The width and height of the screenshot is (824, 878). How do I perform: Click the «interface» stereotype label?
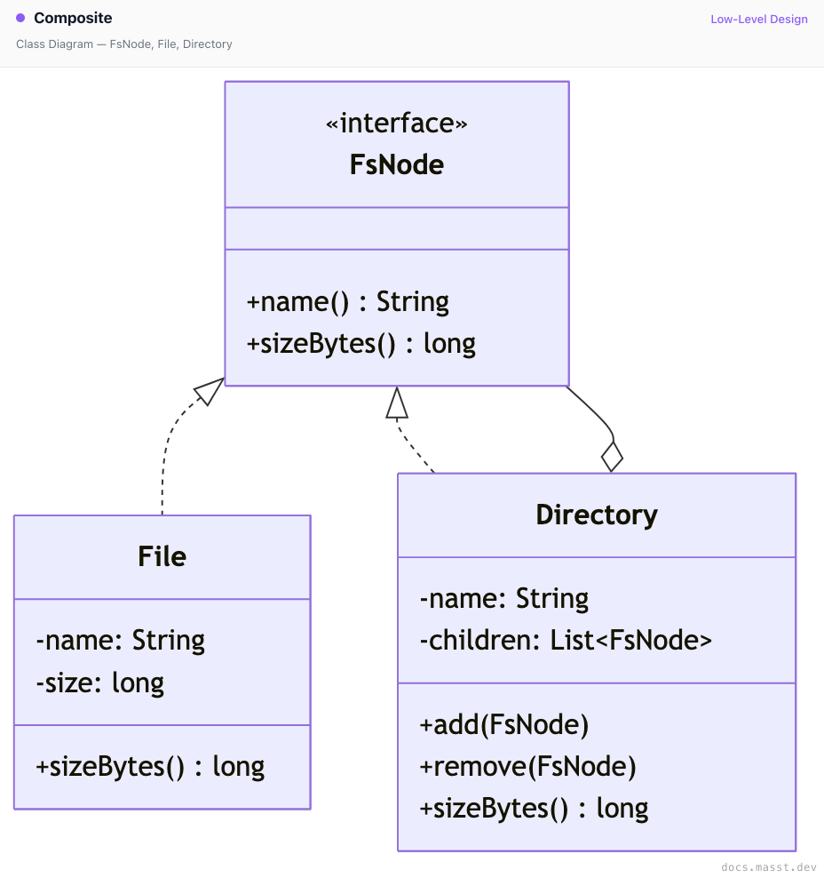click(397, 124)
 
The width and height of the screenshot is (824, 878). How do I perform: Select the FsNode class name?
click(397, 164)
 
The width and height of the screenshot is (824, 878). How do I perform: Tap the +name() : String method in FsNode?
click(347, 302)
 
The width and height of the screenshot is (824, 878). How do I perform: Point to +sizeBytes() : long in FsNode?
click(360, 344)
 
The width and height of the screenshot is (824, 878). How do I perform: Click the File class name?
click(162, 556)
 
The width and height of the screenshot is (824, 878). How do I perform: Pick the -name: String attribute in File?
click(120, 641)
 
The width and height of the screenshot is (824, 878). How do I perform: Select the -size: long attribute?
click(100, 683)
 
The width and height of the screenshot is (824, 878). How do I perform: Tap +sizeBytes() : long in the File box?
click(150, 767)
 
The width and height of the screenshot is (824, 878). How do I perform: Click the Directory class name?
click(597, 515)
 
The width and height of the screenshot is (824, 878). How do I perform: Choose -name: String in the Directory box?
click(504, 599)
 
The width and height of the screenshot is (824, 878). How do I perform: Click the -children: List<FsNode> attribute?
click(566, 641)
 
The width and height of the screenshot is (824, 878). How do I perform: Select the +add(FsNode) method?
click(504, 725)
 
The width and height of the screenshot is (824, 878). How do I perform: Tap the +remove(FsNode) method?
click(527, 767)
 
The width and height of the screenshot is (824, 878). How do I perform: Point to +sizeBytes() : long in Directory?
click(534, 809)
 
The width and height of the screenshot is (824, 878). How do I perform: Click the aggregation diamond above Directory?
click(612, 457)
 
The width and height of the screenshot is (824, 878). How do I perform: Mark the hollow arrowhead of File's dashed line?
click(209, 391)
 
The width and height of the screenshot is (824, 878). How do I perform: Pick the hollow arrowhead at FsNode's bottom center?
click(397, 403)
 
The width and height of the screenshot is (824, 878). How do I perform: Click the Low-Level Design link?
click(759, 19)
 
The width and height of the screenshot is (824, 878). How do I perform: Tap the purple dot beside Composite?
click(20, 18)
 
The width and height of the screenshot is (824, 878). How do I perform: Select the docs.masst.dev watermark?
click(769, 866)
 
